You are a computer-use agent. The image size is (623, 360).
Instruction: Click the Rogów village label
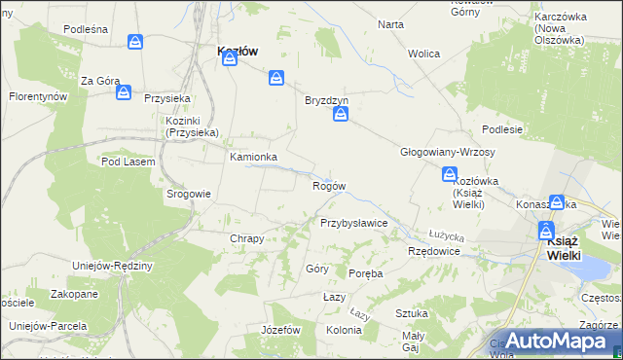pos(328,186)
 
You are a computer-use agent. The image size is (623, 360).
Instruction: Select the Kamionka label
pos(253,157)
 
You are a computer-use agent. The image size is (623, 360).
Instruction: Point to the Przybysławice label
pos(354,223)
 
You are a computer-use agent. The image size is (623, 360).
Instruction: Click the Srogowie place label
pos(188,194)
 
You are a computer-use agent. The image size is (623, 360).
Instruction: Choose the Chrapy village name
pos(246,238)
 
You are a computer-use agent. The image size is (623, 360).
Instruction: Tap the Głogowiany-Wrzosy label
pos(448,153)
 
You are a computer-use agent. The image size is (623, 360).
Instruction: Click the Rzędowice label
pos(433,251)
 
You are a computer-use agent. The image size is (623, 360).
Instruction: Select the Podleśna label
pos(85,29)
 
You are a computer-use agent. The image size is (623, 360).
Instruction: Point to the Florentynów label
pos(38,97)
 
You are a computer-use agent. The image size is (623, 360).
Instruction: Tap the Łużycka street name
pos(447,235)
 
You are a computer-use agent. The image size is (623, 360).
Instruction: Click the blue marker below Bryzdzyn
pos(341,116)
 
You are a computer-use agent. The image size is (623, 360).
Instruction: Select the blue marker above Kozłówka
pos(450,175)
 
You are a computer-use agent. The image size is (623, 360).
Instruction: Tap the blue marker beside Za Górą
pos(124,92)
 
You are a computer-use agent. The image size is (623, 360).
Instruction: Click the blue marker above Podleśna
pos(135,43)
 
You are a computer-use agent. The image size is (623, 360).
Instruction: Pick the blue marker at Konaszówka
pos(557,203)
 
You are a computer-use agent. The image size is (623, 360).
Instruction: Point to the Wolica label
pos(424,54)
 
